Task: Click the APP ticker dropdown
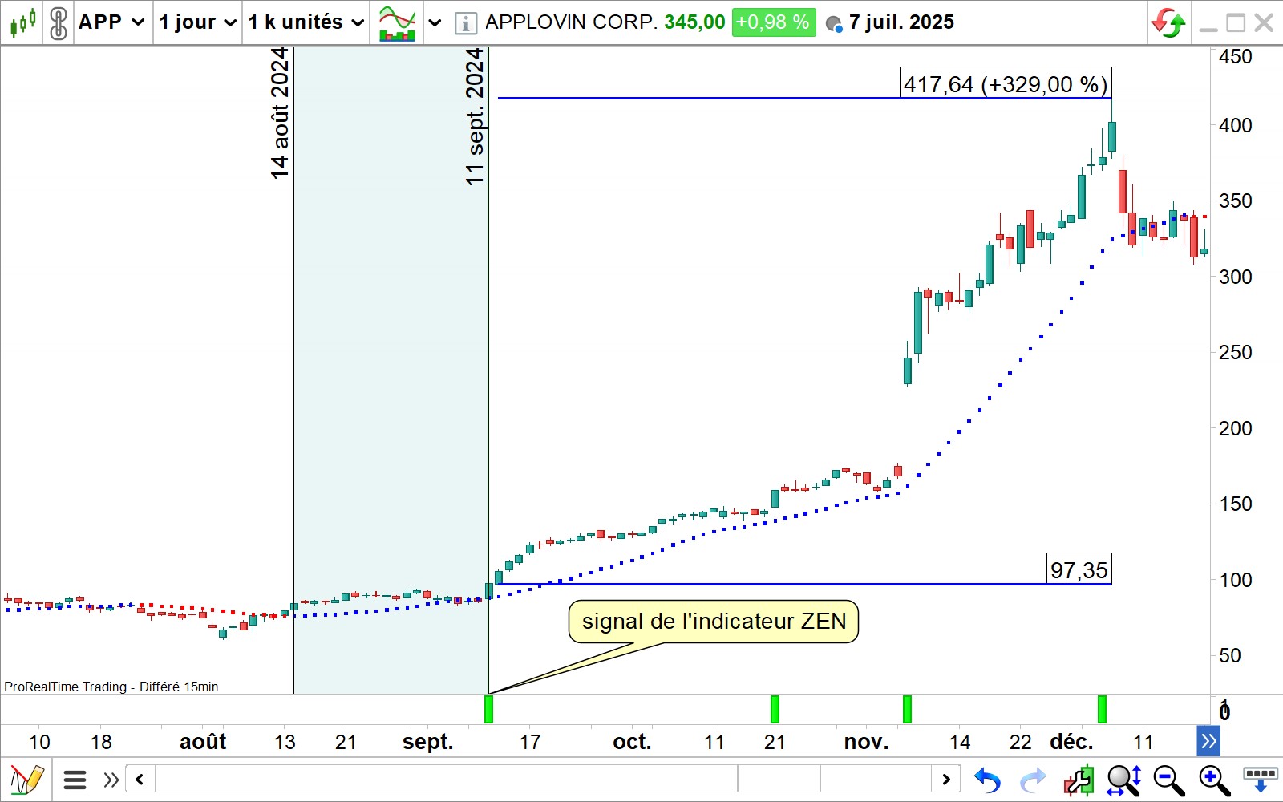tap(111, 22)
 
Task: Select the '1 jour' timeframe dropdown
tap(197, 22)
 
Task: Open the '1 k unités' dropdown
tap(306, 22)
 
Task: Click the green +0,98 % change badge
tap(773, 22)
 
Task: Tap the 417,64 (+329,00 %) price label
tap(1006, 84)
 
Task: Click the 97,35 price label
tap(1079, 570)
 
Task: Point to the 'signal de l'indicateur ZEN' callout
tap(714, 622)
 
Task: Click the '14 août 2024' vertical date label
tap(279, 112)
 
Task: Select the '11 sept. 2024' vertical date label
tap(475, 117)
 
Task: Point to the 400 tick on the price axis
tap(1235, 126)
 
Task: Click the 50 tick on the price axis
tap(1229, 656)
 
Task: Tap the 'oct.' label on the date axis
tap(632, 742)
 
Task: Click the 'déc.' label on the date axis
tap(1071, 742)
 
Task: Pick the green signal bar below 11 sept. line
tap(488, 709)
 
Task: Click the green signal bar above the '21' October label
tap(775, 709)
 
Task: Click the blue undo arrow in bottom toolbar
tap(987, 780)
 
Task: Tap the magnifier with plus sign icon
tap(1214, 780)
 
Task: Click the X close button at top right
tap(1264, 22)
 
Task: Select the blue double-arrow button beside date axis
tap(1208, 741)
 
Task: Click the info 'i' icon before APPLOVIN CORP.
tap(465, 23)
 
